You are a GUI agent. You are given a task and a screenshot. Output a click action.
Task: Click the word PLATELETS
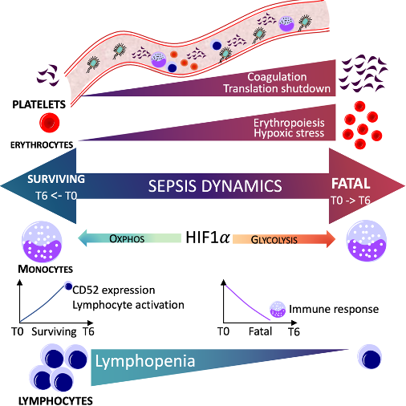click(39, 104)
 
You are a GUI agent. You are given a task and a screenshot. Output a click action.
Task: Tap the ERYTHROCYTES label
click(42, 145)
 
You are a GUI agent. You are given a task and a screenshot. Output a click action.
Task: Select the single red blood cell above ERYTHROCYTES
click(50, 123)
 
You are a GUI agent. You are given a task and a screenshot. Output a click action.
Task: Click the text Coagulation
click(277, 77)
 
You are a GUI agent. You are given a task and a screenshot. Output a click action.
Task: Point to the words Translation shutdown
click(277, 88)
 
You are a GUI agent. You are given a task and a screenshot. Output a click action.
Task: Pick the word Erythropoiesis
click(289, 123)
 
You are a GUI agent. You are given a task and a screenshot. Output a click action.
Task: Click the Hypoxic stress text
click(289, 133)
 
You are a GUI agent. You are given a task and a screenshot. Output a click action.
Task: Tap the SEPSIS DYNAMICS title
click(215, 186)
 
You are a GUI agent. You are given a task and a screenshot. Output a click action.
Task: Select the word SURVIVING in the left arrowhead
click(56, 179)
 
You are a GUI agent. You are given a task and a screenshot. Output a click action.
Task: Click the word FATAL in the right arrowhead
click(351, 184)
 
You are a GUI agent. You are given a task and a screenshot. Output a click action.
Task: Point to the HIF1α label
click(208, 237)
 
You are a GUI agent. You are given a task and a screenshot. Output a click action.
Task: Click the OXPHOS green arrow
click(129, 238)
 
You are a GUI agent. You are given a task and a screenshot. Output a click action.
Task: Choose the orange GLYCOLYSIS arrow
click(284, 239)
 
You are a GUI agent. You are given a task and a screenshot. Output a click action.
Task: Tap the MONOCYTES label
click(45, 269)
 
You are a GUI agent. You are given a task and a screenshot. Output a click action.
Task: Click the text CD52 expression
click(114, 290)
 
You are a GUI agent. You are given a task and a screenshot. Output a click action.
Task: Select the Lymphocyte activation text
click(128, 305)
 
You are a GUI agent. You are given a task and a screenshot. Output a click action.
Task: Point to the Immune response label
click(334, 309)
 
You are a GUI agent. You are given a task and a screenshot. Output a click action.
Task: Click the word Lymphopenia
click(145, 361)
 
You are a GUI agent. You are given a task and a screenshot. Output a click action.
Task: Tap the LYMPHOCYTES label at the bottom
click(55, 401)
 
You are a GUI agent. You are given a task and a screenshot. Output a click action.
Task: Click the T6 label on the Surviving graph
click(88, 331)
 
